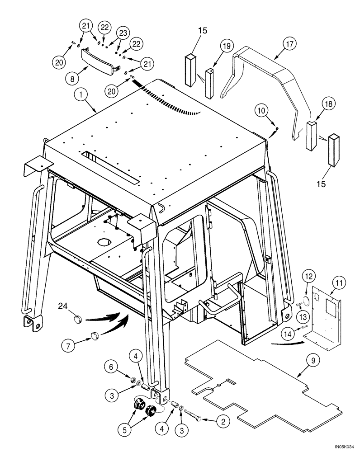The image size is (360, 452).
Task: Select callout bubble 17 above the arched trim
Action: tap(289, 44)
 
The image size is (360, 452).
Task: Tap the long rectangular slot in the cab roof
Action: tap(109, 167)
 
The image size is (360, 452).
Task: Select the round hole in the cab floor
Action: tap(104, 241)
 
